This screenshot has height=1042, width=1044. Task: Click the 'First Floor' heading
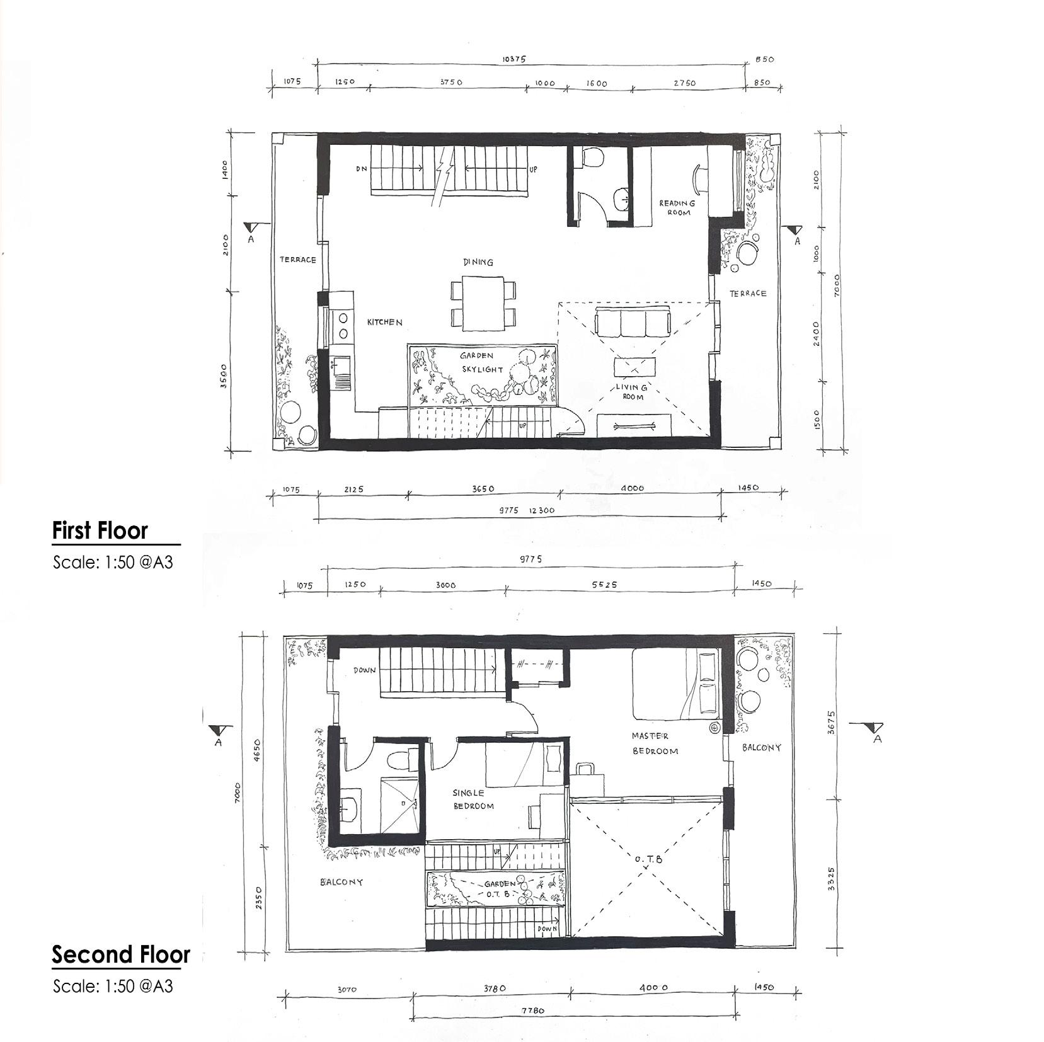tap(100, 530)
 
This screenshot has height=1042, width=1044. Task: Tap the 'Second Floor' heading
tap(120, 954)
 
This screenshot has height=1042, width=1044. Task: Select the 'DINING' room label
tap(478, 262)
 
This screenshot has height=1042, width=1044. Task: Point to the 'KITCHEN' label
tap(384, 323)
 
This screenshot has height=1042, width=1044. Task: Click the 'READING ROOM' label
tap(677, 208)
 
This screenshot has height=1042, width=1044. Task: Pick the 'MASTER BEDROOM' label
tap(654, 743)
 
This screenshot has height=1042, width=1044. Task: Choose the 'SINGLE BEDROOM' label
tap(473, 799)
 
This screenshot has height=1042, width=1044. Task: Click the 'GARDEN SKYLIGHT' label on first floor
tap(481, 363)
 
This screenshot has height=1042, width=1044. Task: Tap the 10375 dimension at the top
tap(514, 59)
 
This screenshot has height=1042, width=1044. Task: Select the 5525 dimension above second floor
tap(604, 585)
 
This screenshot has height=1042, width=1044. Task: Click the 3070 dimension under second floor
tap(347, 989)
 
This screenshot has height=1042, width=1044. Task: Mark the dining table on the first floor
tap(484, 302)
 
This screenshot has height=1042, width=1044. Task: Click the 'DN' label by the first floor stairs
tap(362, 169)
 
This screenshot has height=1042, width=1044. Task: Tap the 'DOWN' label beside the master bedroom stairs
tap(364, 670)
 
